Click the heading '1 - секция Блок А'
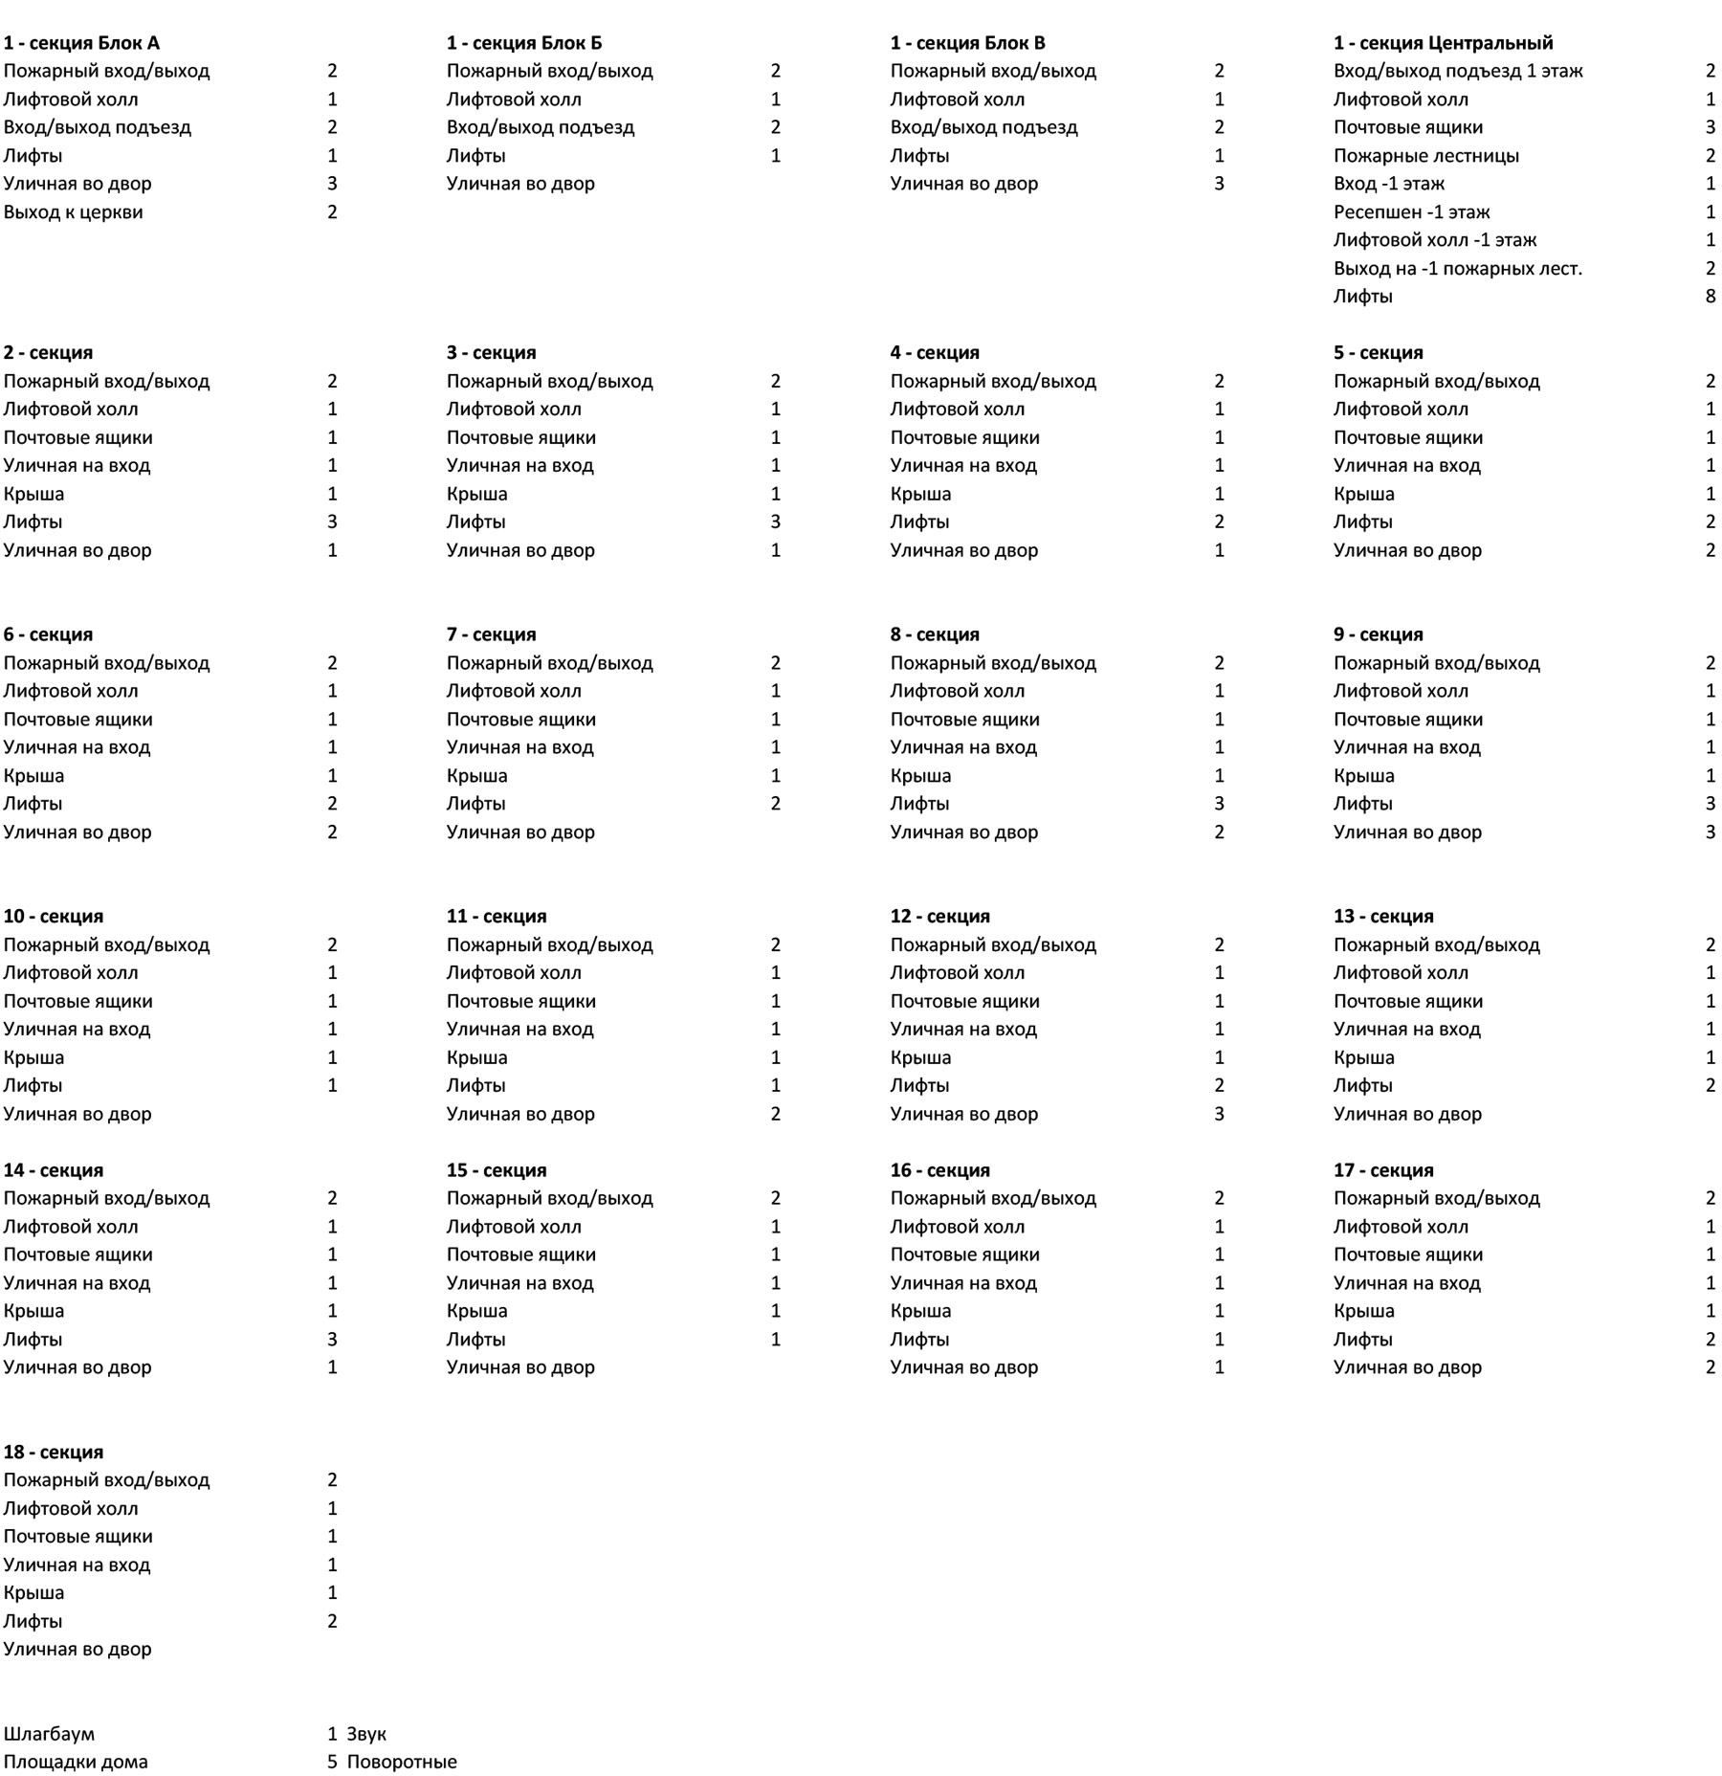[x=81, y=43]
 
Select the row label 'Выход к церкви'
[x=73, y=211]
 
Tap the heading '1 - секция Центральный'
[x=1443, y=43]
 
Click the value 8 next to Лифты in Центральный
[x=1710, y=296]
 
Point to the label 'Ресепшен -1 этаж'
[x=1411, y=211]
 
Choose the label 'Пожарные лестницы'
[x=1425, y=155]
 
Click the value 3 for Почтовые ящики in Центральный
[x=1710, y=127]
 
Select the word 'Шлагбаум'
[x=49, y=1733]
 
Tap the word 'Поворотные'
[x=402, y=1761]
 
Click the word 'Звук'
[x=366, y=1733]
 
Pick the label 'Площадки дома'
[x=76, y=1761]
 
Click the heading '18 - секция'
[x=54, y=1452]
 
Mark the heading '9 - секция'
[x=1378, y=634]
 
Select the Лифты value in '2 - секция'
[x=332, y=522]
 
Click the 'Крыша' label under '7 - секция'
[x=476, y=775]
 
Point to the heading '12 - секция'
[x=939, y=916]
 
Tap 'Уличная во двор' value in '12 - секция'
[x=1219, y=1113]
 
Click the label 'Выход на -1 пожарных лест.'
[x=1457, y=268]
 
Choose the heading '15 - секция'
[x=496, y=1170]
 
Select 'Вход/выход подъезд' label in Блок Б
[x=540, y=127]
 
